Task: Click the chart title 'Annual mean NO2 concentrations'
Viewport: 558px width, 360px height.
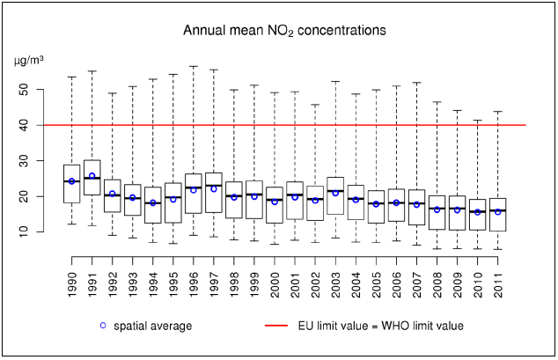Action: coord(284,31)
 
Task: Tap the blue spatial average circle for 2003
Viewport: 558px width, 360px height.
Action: coord(335,193)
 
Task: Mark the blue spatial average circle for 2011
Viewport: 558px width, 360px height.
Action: coord(498,211)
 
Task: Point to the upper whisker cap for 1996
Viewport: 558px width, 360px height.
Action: coord(194,66)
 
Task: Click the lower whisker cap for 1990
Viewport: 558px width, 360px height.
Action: coord(72,224)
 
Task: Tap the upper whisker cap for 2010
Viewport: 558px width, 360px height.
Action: coord(478,121)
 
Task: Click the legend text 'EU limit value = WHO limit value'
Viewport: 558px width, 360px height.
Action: coord(378,326)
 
